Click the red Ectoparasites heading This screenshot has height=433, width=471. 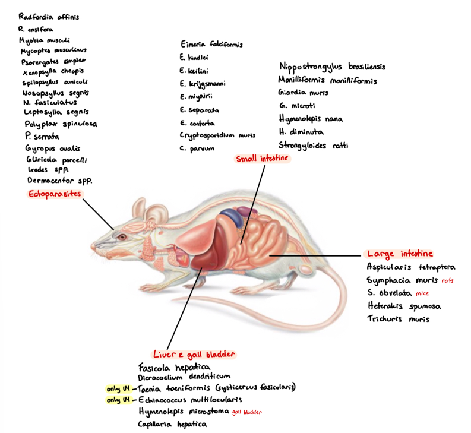pos(55,194)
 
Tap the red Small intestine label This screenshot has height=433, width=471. pos(262,159)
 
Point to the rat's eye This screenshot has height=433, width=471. pos(121,236)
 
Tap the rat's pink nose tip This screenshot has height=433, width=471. pos(93,245)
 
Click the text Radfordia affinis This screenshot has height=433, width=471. pos(49,17)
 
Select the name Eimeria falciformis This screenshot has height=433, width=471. pos(211,44)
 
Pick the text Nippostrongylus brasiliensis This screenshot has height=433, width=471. pos(332,67)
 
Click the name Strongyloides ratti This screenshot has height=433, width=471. pos(313,145)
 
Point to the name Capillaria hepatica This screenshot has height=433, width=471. pos(172,424)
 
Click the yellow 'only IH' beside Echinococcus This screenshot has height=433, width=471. pos(118,400)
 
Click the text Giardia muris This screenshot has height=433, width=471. pos(303,93)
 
